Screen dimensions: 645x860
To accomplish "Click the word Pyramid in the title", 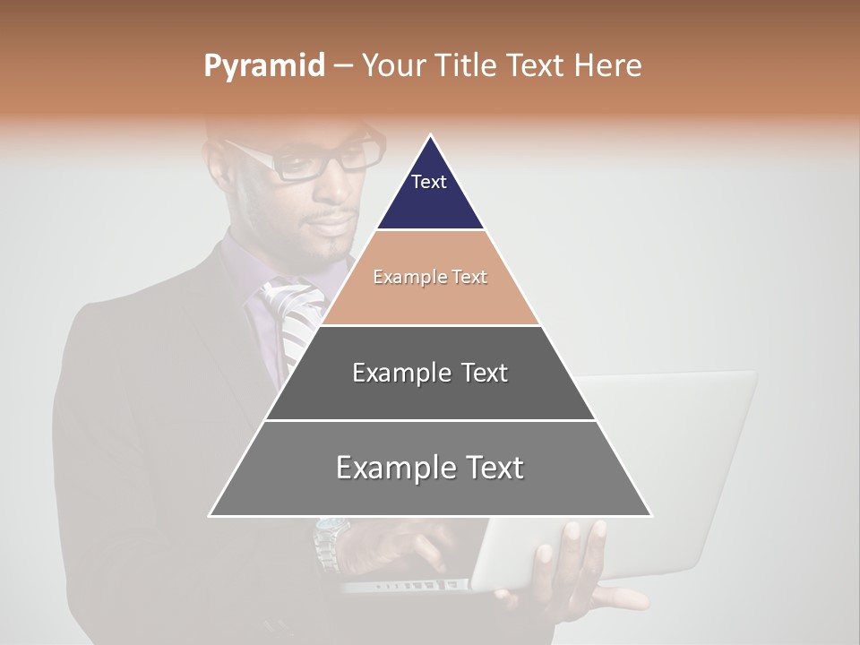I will tap(264, 66).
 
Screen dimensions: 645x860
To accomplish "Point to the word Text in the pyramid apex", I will tap(429, 182).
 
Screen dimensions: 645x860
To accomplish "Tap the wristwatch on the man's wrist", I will tap(329, 542).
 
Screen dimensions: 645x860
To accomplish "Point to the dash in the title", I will tap(343, 66).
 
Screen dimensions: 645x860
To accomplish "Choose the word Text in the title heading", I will tap(535, 66).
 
